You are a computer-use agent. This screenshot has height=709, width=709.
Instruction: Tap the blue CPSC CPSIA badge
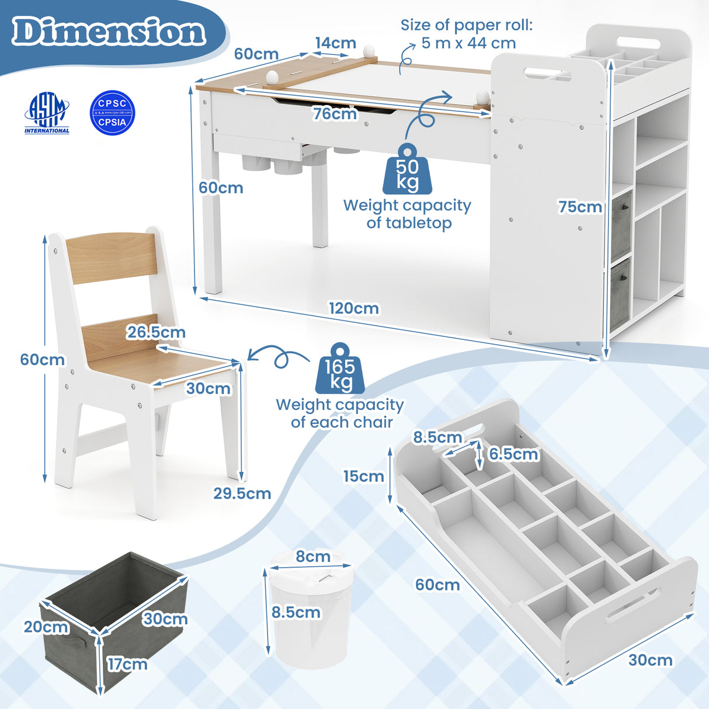112,113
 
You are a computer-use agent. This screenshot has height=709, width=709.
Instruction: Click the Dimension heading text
109,32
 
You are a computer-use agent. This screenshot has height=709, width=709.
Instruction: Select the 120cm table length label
353,308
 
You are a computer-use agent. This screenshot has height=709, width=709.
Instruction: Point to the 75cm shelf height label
580,207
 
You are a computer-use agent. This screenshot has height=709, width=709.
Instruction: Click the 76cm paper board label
335,114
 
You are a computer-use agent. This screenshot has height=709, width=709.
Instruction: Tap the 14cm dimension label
335,43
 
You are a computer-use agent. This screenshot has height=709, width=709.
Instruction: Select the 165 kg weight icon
340,371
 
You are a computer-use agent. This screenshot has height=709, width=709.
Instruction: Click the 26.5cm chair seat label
157,332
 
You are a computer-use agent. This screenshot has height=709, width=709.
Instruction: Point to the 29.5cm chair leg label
242,493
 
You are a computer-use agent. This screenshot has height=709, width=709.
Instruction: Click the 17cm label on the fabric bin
127,664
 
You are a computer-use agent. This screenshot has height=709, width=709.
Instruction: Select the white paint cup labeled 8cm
310,613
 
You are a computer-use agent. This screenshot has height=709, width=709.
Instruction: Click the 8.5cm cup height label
296,612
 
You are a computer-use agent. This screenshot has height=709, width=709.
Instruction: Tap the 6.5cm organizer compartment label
514,454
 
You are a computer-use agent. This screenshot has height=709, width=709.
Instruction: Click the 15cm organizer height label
363,477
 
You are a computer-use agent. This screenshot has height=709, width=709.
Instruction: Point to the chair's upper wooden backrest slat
112,257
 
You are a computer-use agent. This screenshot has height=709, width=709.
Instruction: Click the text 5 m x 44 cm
468,43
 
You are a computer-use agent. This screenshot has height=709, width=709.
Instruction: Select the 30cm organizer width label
650,660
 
